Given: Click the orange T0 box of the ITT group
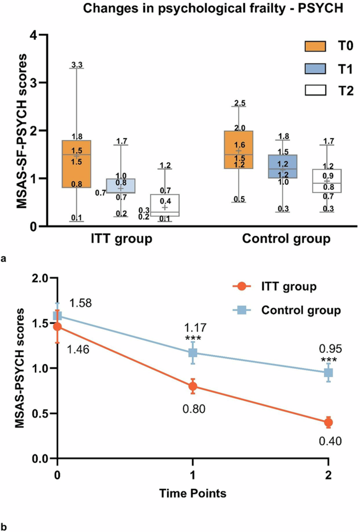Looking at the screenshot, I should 76,164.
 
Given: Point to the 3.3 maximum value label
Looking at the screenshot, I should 77,65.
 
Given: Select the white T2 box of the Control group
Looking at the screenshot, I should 326,181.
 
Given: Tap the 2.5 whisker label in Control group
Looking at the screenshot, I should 239,102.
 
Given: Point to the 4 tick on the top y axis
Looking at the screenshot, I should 34,35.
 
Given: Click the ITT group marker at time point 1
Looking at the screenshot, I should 193,386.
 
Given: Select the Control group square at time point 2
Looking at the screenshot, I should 328,373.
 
